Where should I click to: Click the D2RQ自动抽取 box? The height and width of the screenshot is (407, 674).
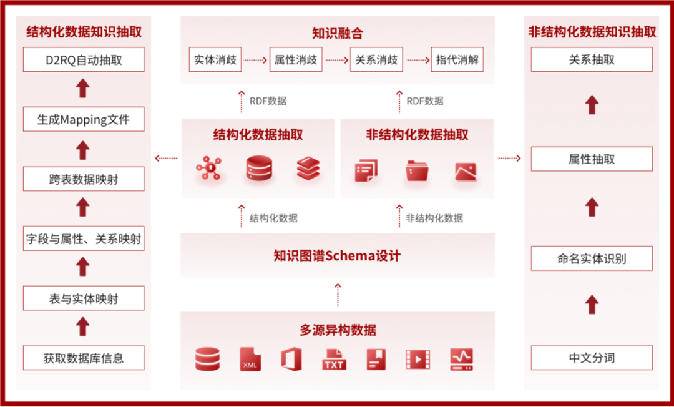84,60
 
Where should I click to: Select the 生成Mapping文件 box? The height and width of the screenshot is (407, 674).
84,119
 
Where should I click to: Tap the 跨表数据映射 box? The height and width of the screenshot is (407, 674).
84,179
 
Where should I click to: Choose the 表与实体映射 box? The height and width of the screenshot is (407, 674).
84,298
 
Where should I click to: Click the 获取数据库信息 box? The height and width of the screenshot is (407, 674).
84,358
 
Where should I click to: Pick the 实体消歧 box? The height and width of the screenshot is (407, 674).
215,60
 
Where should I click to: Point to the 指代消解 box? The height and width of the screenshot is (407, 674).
457,60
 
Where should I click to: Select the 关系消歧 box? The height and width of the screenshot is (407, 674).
376,60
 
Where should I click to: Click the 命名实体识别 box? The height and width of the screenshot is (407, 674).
592,258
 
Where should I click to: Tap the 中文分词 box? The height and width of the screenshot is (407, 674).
592,358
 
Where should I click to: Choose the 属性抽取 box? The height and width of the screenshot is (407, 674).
592,159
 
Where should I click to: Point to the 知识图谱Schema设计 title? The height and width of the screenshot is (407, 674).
337,255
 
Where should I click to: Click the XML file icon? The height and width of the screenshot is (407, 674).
250,359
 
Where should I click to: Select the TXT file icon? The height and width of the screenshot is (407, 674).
334,359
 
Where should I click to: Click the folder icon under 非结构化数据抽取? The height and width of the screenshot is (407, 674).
417,170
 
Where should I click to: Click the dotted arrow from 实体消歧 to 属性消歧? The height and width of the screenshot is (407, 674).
255,61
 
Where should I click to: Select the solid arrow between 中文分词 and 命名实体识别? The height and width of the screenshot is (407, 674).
592,305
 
